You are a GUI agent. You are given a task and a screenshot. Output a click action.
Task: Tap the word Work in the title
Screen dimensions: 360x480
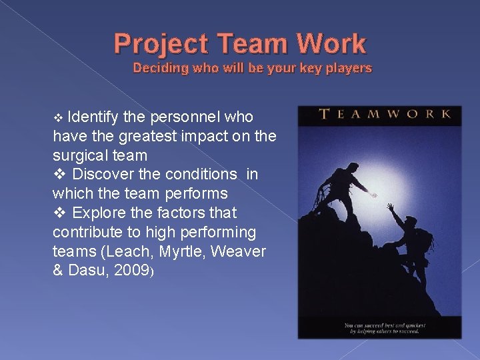[331, 44]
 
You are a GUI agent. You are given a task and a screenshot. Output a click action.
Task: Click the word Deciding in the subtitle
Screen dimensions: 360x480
[159, 68]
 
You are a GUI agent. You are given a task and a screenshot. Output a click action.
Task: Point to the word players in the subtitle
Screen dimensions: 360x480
[346, 68]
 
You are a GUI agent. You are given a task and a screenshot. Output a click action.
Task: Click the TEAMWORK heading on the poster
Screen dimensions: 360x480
[385, 114]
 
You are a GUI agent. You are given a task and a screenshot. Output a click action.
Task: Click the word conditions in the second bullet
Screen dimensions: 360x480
[197, 174]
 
